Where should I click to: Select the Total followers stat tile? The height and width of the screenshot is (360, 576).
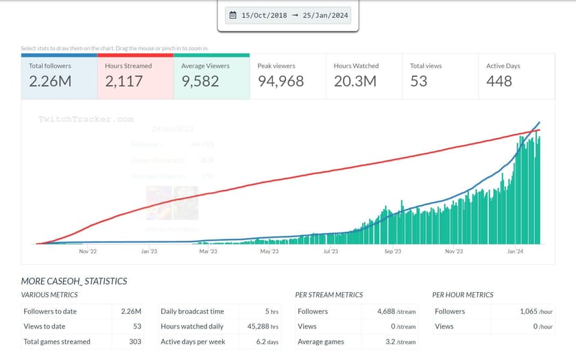pos(59,75)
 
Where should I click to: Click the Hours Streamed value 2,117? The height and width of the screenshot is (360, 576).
pos(124,81)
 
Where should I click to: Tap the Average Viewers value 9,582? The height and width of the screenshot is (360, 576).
pos(200,81)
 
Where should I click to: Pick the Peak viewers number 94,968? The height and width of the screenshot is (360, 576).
pos(280,81)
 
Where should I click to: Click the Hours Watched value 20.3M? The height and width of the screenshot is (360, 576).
pos(355,81)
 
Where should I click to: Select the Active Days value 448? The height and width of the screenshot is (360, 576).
pos(499,81)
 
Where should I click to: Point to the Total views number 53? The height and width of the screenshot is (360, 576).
pos(418,81)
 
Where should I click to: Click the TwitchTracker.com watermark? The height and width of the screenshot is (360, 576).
pos(86,119)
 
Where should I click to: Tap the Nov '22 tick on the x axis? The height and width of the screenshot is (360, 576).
pos(88,252)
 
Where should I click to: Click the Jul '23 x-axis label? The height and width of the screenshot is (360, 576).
pos(331,252)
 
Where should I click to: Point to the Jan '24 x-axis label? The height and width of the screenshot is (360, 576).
pos(515,252)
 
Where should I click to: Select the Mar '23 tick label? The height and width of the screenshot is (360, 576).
pos(208,252)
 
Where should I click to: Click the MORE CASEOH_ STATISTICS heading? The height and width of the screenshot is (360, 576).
pos(74,281)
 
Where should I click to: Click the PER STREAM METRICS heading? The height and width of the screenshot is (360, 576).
pos(328,295)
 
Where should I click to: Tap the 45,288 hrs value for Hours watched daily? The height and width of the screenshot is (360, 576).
pos(265,326)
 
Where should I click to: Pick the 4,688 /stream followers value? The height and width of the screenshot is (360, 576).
pos(396,311)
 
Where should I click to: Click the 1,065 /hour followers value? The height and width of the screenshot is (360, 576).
pos(536,311)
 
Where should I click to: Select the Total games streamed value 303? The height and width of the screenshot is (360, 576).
pos(134,341)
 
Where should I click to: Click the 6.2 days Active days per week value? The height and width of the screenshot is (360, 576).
pos(267,341)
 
